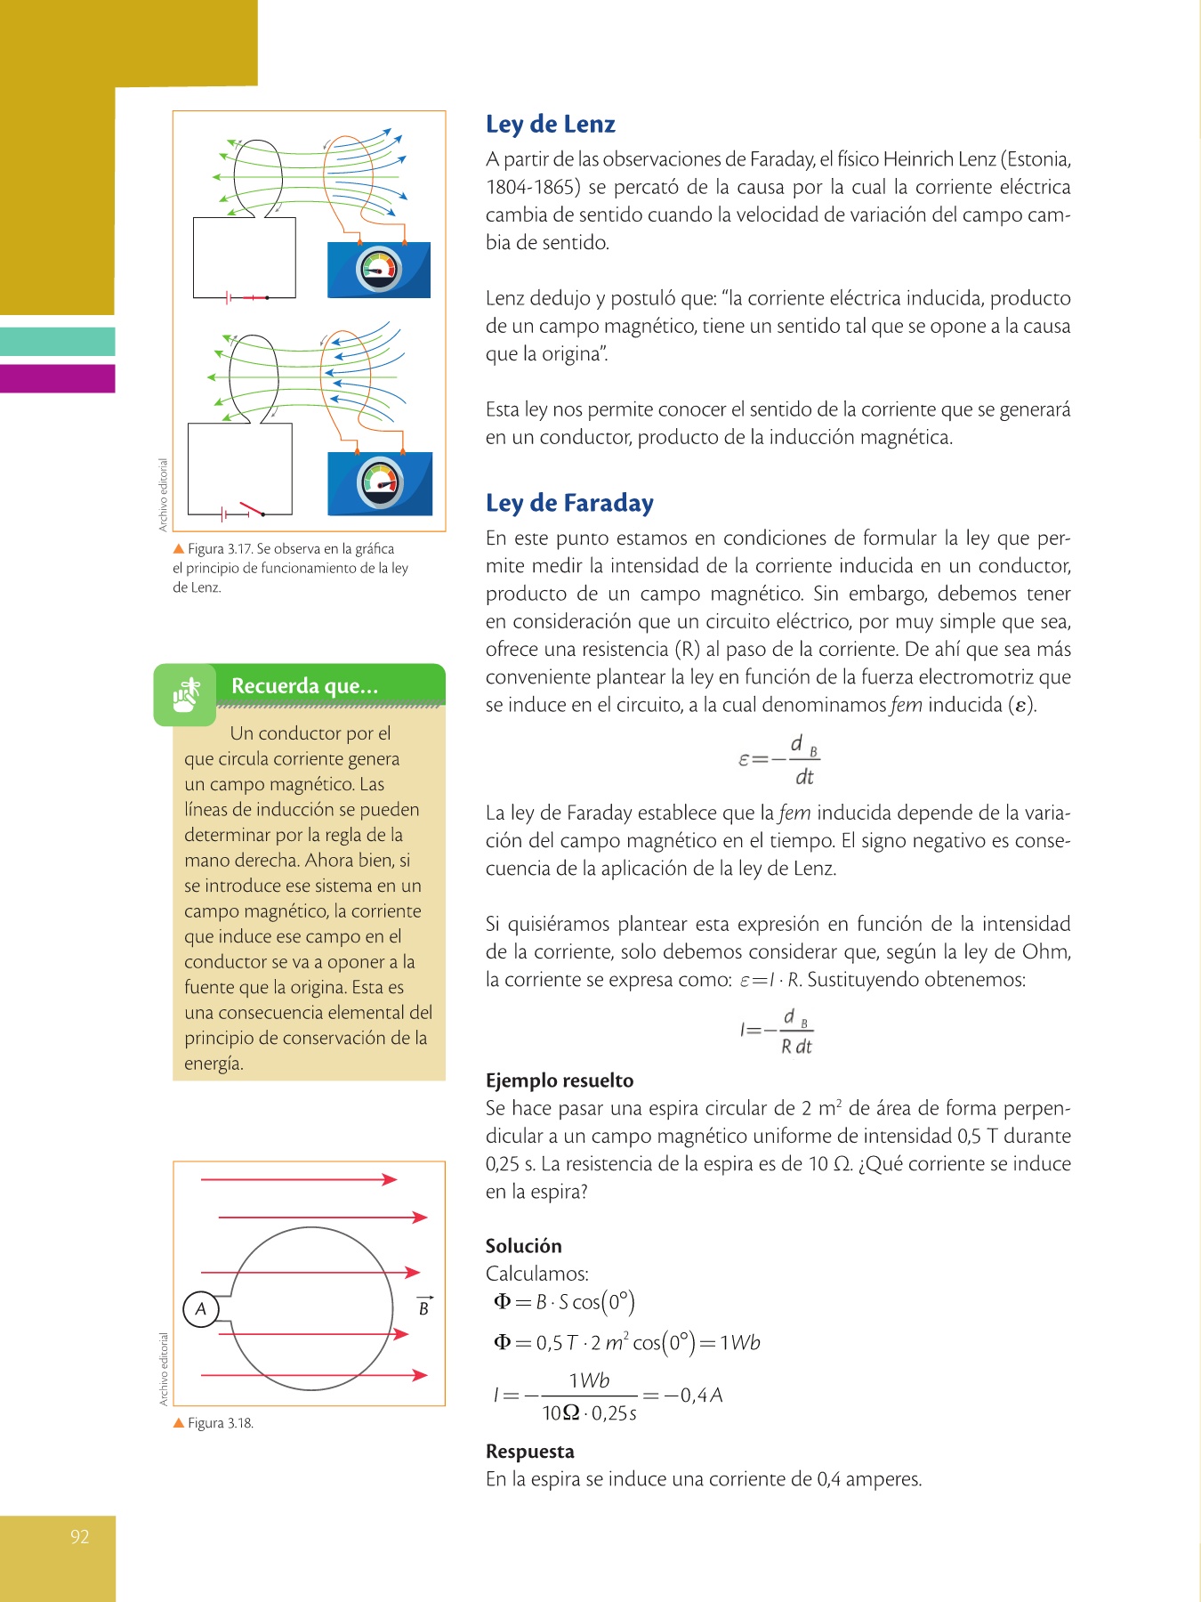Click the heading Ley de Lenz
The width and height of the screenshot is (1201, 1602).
550,125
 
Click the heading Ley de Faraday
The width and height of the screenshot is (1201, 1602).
569,504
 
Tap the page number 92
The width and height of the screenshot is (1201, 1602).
80,1537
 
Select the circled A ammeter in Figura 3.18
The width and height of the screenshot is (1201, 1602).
201,1308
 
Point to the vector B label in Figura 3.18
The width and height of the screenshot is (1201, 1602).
424,1307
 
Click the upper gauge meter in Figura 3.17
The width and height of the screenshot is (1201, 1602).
380,270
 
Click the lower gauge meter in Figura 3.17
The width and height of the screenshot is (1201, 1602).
381,483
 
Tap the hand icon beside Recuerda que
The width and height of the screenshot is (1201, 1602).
185,694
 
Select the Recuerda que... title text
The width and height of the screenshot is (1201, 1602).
304,686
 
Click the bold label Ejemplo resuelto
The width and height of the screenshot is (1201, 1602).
560,1080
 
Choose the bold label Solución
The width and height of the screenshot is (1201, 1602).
523,1246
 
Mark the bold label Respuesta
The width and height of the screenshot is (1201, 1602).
529,1452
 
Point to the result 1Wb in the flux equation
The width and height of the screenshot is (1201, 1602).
740,1343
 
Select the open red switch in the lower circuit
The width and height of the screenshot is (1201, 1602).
252,508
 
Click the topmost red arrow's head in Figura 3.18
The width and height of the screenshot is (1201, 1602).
390,1179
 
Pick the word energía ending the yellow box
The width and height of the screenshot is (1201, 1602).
214,1064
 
